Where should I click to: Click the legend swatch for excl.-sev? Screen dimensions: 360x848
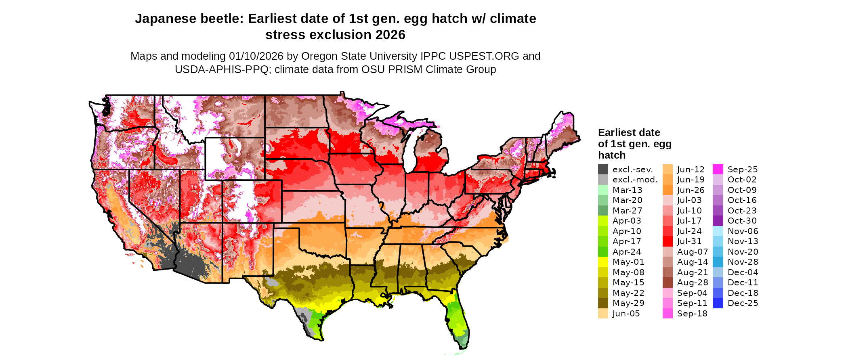coord(603,170)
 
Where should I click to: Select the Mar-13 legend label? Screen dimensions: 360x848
coord(627,190)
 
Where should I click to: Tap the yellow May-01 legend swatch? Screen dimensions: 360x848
coord(603,262)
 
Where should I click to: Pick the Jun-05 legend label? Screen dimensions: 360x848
coord(626,314)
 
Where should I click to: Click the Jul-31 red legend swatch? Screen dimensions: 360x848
coord(667,241)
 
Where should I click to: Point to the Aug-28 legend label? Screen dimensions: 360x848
coord(692,283)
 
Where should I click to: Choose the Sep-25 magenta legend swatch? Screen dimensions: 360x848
coord(718,170)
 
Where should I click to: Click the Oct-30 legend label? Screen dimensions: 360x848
coord(742,221)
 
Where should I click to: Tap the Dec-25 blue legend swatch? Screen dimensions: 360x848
coord(718,303)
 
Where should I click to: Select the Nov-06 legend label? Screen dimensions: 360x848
coord(743,231)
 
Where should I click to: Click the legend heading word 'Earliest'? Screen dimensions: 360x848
coord(616,133)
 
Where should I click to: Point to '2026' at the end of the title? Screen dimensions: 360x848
coord(390,35)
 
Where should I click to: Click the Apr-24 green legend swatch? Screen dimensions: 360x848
coord(603,252)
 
